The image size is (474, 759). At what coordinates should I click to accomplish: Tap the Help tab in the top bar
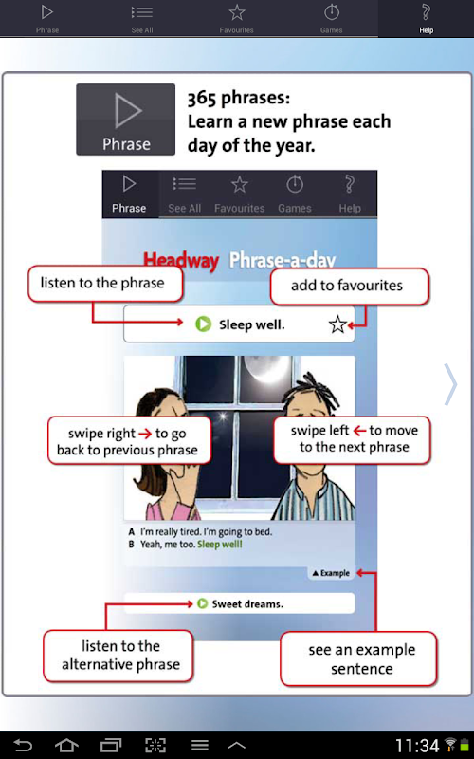[426, 18]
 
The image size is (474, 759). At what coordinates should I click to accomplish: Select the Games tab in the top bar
[331, 18]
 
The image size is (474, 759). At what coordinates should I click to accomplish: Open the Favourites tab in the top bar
[236, 18]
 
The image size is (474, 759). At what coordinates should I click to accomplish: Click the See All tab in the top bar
[141, 18]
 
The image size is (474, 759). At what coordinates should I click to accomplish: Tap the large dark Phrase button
[126, 120]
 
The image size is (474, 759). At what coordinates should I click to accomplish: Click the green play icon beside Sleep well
[204, 324]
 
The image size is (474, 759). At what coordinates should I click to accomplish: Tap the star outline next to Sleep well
[337, 324]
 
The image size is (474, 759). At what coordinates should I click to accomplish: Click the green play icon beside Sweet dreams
[202, 603]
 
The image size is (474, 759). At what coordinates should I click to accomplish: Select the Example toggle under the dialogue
[331, 573]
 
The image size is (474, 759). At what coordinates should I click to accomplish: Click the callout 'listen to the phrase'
[105, 284]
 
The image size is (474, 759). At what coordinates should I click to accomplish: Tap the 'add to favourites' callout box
[349, 287]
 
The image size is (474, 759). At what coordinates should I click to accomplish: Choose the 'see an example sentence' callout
[358, 658]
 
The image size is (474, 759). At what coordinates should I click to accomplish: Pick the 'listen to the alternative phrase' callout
[118, 656]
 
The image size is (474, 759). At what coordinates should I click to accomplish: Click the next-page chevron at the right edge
[450, 384]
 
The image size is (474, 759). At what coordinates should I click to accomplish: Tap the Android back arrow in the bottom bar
[22, 745]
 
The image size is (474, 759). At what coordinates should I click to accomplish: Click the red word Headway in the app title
[181, 260]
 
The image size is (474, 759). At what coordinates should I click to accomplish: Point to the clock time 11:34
[417, 746]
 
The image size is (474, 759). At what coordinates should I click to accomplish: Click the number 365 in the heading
[202, 99]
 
